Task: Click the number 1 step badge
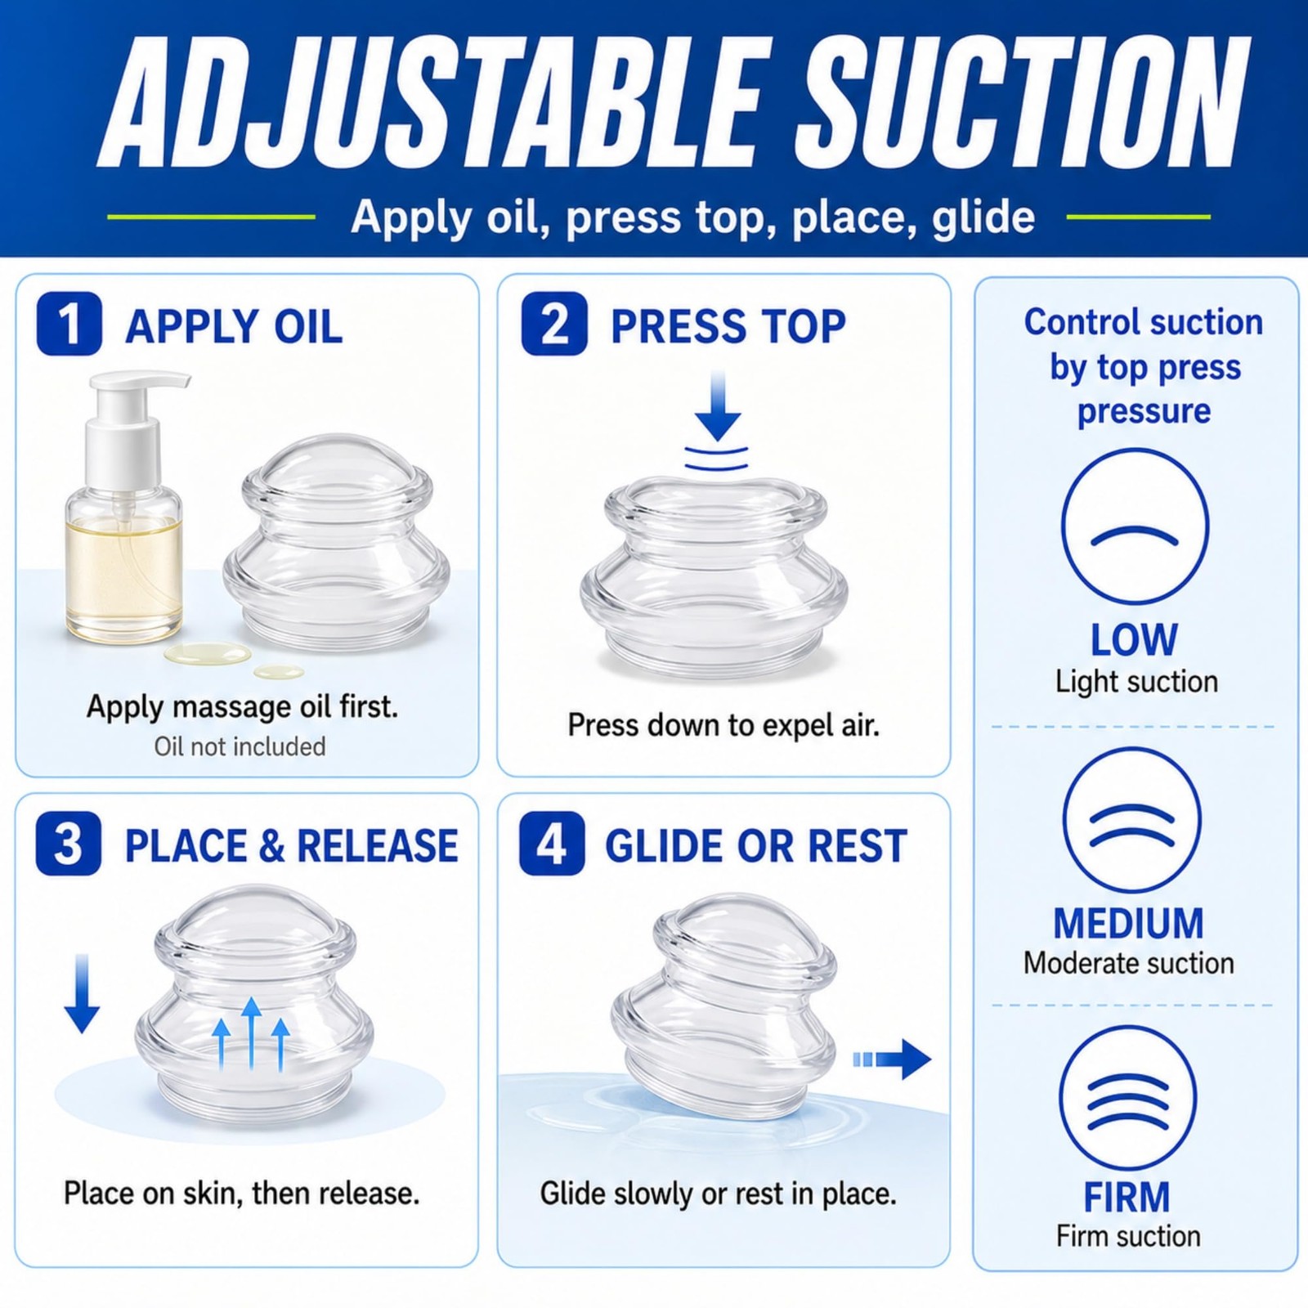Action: (69, 324)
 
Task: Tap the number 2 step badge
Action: (554, 324)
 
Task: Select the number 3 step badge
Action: (69, 844)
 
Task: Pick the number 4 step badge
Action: (552, 844)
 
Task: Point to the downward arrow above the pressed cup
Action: (718, 405)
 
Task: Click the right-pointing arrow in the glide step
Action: (892, 1059)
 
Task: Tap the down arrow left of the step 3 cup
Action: (82, 993)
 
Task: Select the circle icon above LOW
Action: (1135, 526)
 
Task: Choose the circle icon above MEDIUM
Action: (1131, 820)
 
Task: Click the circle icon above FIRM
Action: (1128, 1097)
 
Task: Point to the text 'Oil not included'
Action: (240, 746)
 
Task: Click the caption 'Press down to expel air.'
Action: (723, 725)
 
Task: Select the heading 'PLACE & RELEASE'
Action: (291, 845)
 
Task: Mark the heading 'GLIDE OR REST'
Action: (756, 845)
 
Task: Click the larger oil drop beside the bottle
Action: (208, 653)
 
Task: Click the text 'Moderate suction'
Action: (1129, 963)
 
